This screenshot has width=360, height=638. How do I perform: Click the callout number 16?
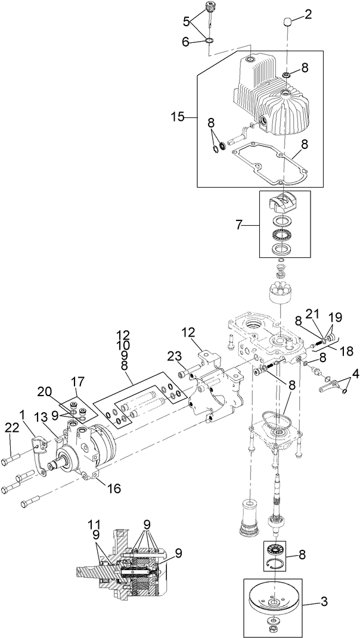114,488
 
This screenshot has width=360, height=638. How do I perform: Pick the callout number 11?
94,524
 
